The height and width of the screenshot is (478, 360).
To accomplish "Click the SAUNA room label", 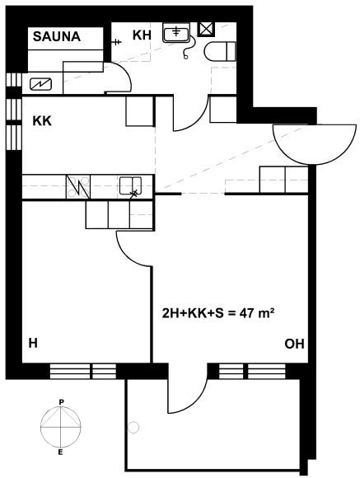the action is click(x=57, y=36).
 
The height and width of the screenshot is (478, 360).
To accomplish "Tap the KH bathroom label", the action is click(x=142, y=35).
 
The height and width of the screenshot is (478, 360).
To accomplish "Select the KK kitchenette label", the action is click(x=42, y=121).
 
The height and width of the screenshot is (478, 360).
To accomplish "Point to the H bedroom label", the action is click(x=33, y=344).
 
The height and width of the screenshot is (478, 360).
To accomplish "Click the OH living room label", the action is click(x=294, y=344).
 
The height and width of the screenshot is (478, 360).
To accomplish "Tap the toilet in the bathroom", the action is click(x=221, y=51).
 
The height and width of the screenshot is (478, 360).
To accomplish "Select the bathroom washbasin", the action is click(x=176, y=32).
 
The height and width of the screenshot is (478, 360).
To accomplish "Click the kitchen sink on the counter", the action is click(x=130, y=185).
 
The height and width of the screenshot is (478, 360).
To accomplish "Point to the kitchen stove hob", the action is click(x=78, y=186).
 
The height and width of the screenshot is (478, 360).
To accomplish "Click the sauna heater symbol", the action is click(x=40, y=84).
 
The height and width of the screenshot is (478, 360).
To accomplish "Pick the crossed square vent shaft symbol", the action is click(x=206, y=30).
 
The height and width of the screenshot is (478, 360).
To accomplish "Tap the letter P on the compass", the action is click(x=61, y=402).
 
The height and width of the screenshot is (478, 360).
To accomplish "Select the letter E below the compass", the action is click(x=60, y=452).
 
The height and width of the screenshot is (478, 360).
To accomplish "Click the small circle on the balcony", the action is click(x=133, y=427).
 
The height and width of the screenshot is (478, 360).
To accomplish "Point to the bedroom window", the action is click(x=83, y=371).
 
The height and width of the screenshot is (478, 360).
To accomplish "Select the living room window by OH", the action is click(x=252, y=371).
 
